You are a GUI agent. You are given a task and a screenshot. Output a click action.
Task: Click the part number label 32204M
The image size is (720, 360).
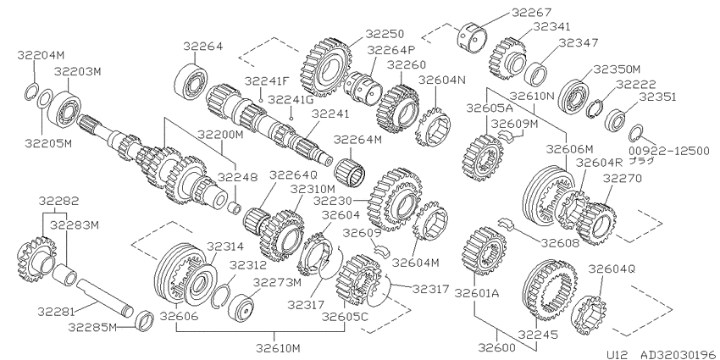click(42, 55)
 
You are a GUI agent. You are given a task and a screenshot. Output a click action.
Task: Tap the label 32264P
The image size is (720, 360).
click(390, 49)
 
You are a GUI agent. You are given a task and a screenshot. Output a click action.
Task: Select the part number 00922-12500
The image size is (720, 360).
click(669, 151)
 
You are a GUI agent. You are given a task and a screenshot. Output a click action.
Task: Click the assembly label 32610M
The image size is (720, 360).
click(279, 348)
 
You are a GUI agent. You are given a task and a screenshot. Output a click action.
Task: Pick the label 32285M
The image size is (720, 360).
click(91, 327)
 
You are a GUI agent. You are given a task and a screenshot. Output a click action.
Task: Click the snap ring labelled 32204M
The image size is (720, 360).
click(30, 92)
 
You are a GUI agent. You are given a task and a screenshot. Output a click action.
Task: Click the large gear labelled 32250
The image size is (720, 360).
click(326, 68)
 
